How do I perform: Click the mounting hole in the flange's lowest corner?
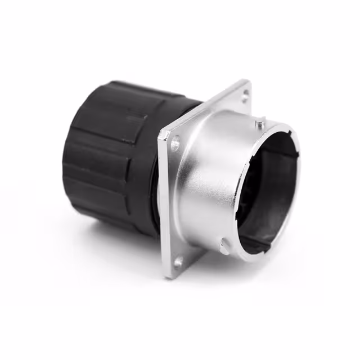tap(179, 261)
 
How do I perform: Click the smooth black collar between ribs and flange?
tap(153, 186)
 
